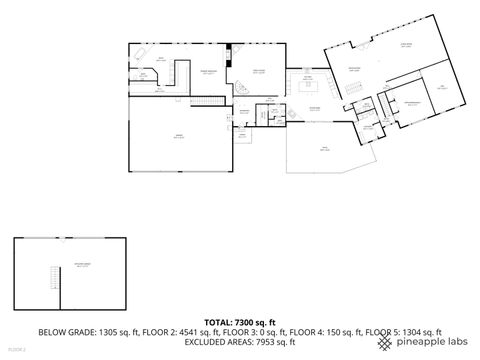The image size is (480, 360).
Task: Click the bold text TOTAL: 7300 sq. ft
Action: click(x=240, y=321)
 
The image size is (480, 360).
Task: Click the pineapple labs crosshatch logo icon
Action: click(x=385, y=342)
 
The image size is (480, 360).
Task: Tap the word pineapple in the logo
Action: click(x=421, y=342)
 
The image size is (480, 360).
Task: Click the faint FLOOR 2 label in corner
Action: click(x=17, y=350)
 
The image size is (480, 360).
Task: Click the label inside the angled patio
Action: click(x=323, y=150)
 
